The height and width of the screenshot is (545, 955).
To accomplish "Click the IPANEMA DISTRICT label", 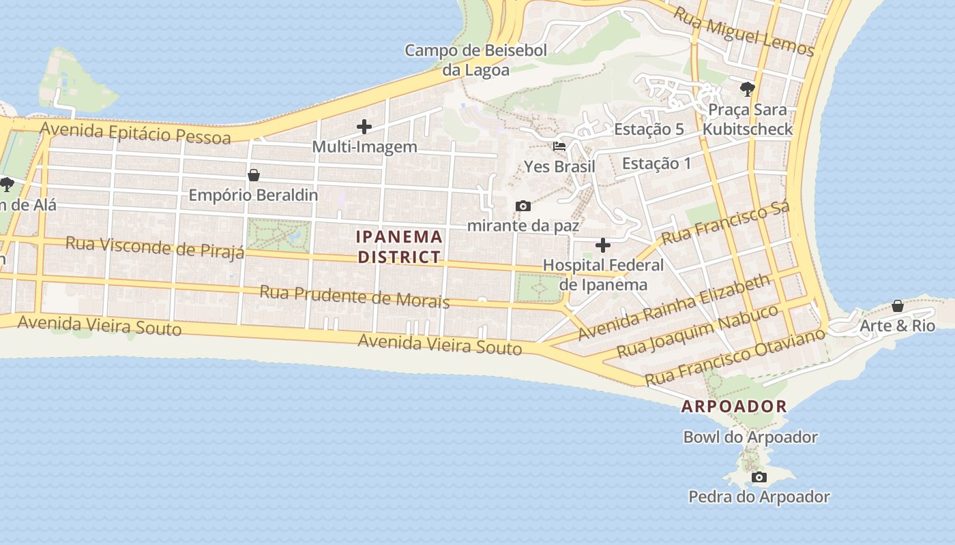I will pos(400,247).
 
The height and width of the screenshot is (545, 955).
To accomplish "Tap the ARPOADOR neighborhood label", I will pos(734,407).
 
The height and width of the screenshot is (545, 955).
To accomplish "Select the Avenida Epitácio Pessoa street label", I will pos(135,133).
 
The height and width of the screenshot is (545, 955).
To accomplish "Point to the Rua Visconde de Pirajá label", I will pos(154,247).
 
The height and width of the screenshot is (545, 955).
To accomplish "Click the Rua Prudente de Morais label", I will pos(354,296).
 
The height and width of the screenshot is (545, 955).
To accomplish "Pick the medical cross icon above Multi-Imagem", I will pos(364,126).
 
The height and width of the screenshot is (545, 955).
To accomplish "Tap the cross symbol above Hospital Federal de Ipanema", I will pos(603,245).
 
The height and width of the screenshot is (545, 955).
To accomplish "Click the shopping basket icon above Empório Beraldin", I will pos(254,175).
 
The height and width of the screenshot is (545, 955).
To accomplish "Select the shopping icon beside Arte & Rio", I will pos(898,306).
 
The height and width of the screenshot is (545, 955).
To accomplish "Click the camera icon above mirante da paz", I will pos(523,206).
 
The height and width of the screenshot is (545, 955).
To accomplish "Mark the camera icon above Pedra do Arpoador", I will pos(759,477).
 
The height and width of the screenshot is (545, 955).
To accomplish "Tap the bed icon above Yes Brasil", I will pos(559,146).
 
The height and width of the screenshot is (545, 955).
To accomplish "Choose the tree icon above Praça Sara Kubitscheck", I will pos(748,89).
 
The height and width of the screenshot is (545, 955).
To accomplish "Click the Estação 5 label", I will pos(649,129).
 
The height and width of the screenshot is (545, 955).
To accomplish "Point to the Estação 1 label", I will pos(656,163).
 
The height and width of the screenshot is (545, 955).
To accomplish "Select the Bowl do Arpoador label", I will pos(750,437).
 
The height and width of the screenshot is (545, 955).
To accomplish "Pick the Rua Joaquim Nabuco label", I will pos(697,332).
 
